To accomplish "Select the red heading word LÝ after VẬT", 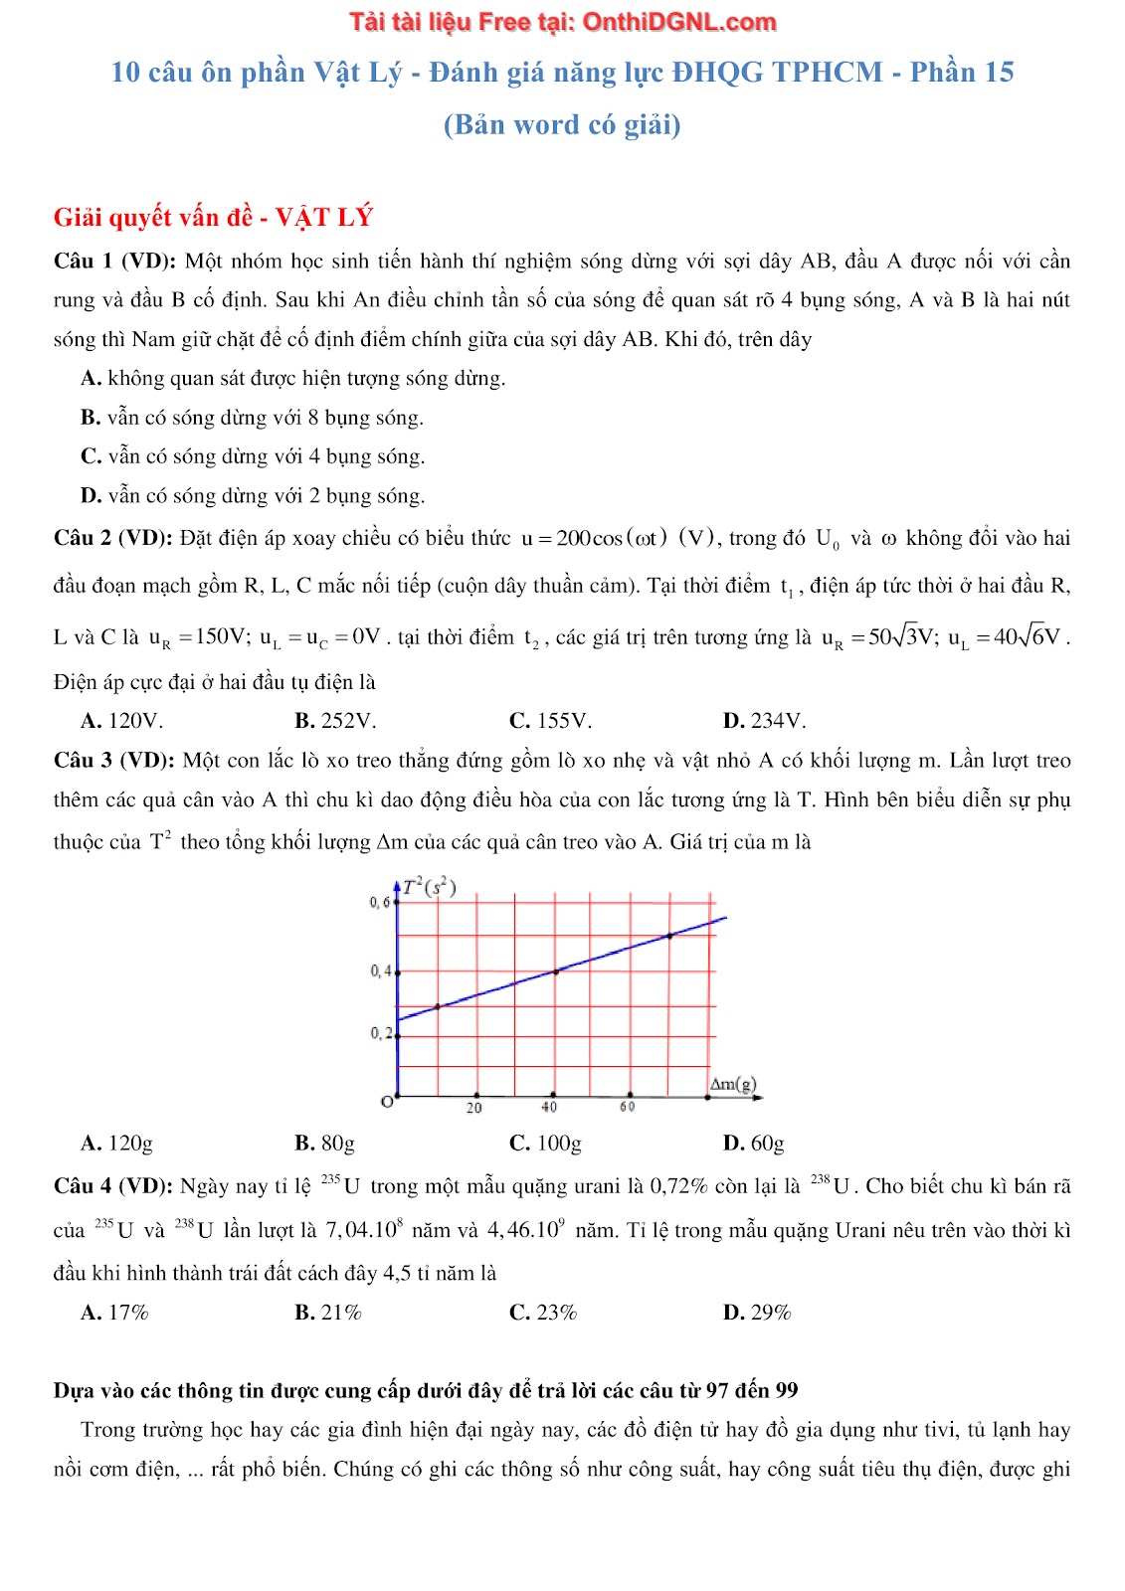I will pos(355,218).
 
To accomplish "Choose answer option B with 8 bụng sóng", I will pos(253,418).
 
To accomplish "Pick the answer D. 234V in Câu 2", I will pos(764,721).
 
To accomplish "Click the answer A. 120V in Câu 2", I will pos(121,721).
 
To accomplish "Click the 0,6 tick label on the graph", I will pos(379,903).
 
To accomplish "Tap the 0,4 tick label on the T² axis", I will pos(380,971).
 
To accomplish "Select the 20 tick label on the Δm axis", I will pos(474,1108).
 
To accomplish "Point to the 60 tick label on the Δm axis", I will pos(628,1107).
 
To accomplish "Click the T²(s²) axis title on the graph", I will pos(430,887).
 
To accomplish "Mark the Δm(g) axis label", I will pos(733,1084).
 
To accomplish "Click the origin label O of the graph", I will pos(387,1102).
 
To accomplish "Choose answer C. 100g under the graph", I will pos(545,1144).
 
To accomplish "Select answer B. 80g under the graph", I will pos(324,1144).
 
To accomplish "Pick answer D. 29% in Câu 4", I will pos(756,1313).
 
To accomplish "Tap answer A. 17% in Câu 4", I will pos(114,1313).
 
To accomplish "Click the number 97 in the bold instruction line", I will pos(719,1391).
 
